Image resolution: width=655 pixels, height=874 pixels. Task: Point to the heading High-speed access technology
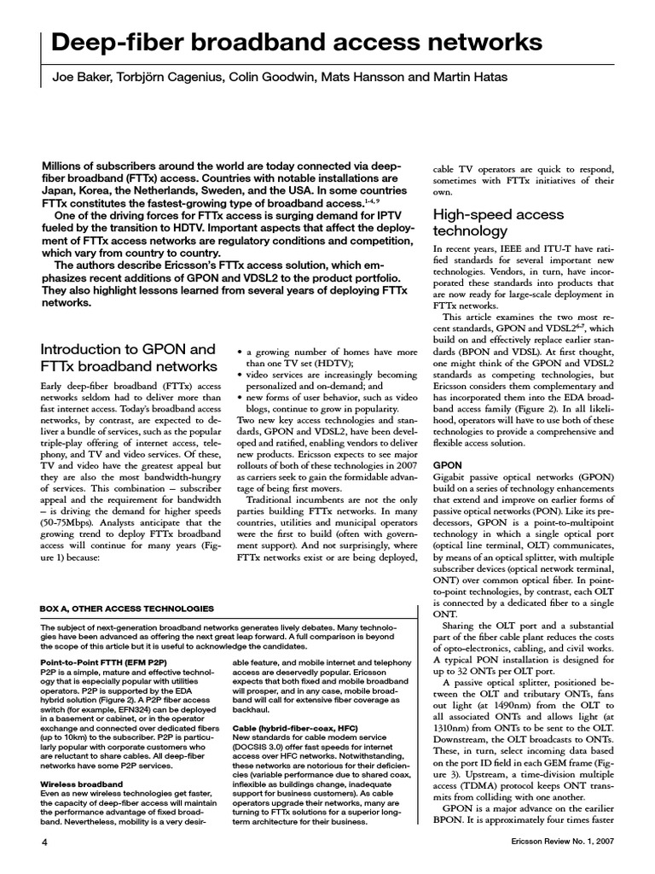tap(484, 223)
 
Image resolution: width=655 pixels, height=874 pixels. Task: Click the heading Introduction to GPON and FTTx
tap(128, 358)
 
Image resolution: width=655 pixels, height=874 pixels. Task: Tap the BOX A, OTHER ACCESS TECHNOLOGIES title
tap(128, 609)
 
